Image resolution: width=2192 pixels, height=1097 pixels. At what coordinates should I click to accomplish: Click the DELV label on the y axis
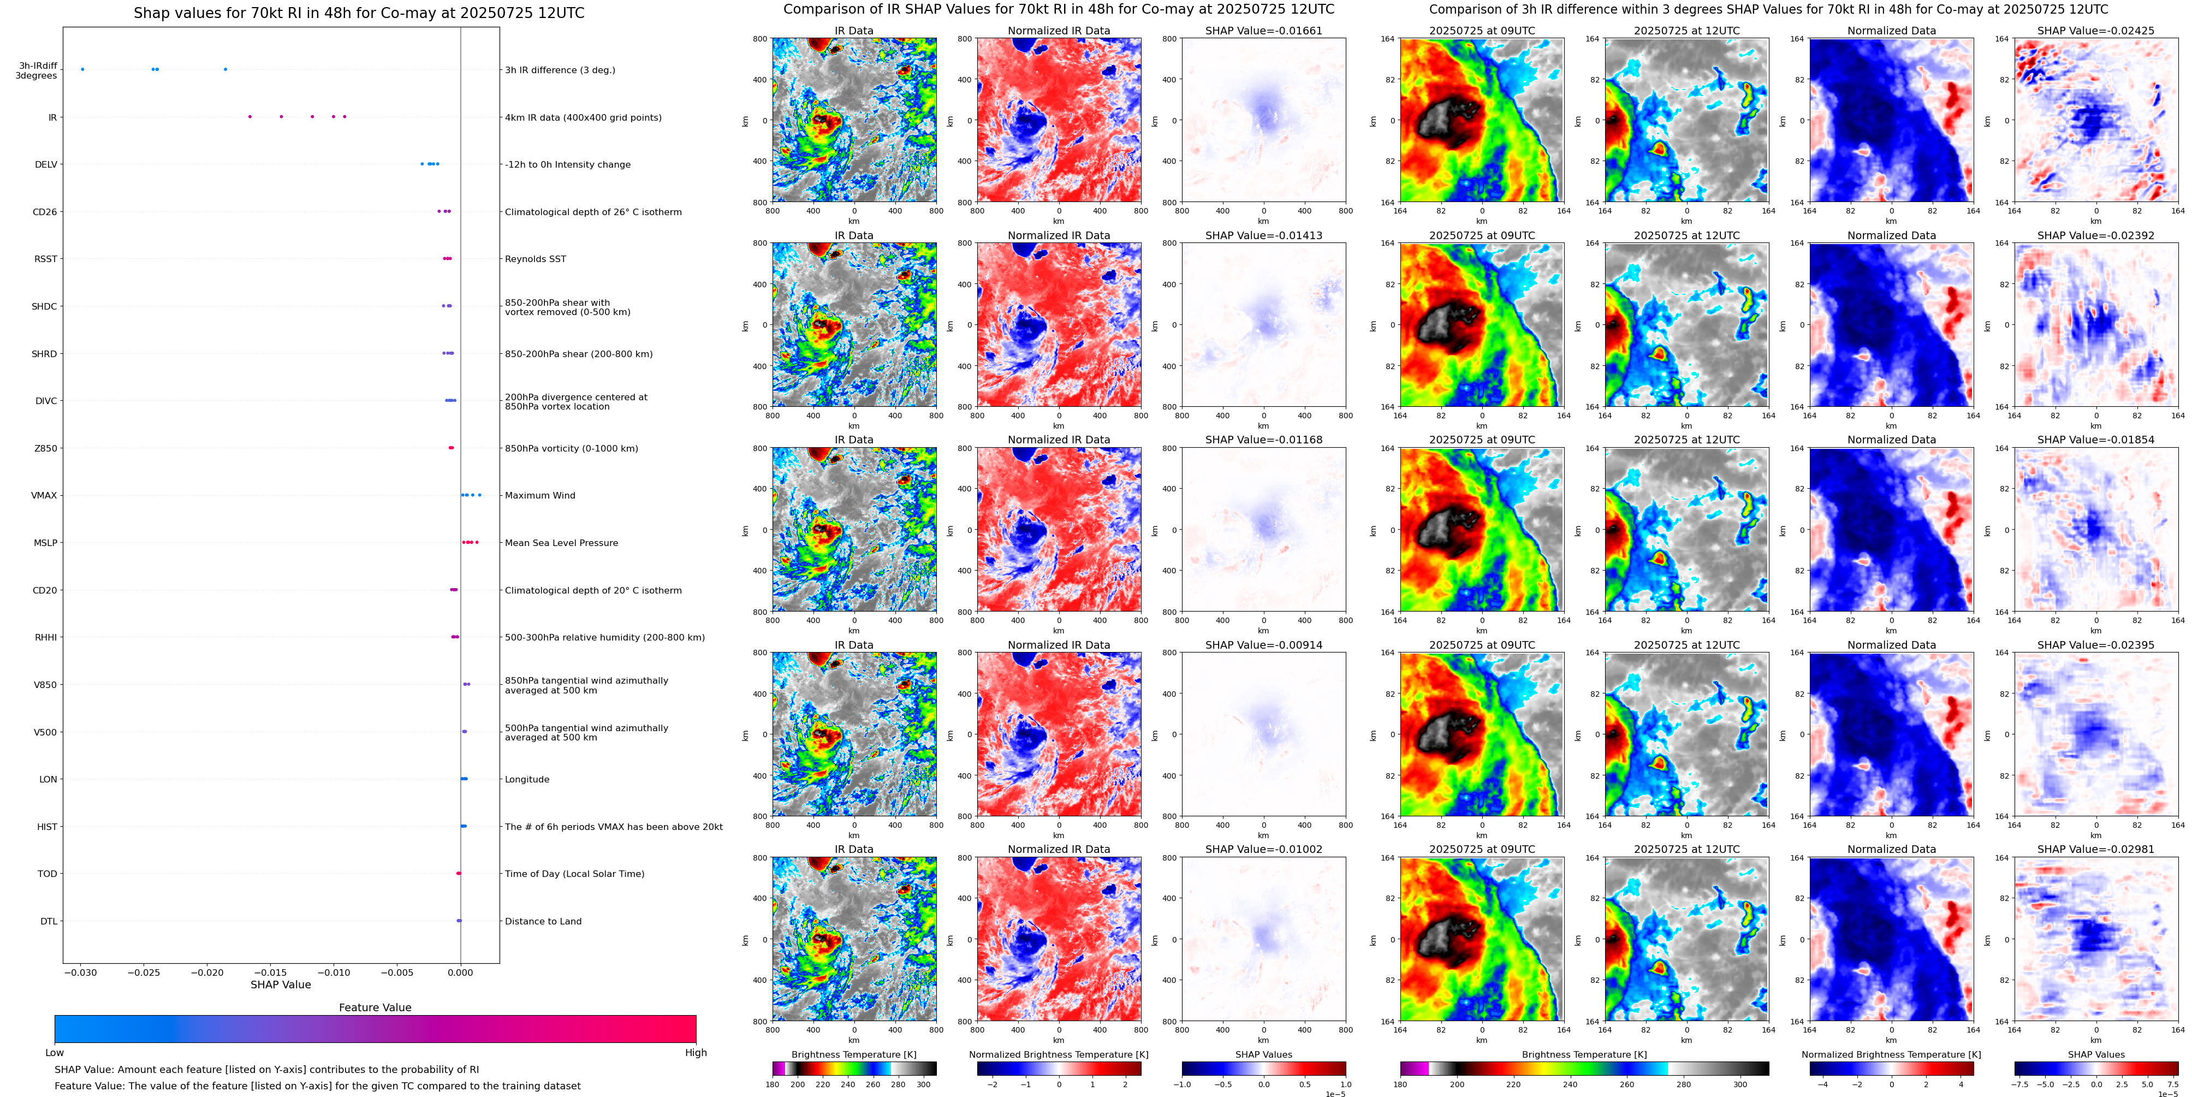46,165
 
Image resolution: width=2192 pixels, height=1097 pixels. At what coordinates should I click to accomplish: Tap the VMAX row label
44,495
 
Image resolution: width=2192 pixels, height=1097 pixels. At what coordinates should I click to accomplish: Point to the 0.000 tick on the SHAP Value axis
460,972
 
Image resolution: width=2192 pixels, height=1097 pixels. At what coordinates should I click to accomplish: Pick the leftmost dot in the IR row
250,117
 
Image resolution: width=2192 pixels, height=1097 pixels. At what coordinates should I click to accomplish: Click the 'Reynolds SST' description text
535,259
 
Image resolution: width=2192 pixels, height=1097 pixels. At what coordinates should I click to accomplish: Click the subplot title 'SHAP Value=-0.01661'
1264,31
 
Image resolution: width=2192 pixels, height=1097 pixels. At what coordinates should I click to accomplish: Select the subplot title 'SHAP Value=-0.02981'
2096,849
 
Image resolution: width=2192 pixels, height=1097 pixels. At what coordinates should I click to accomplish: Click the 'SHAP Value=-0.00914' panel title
1264,645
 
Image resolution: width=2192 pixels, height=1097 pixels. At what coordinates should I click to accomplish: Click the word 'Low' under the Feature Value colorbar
55,1053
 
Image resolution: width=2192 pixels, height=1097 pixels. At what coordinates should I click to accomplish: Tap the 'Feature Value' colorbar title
375,1007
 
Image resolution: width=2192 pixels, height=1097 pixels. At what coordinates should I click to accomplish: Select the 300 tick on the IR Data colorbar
923,1084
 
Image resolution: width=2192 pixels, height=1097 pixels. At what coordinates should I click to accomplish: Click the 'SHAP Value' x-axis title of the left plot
281,985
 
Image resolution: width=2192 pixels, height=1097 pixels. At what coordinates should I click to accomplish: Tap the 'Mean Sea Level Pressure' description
562,543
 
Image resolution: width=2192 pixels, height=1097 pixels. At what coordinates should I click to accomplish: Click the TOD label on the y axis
47,874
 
